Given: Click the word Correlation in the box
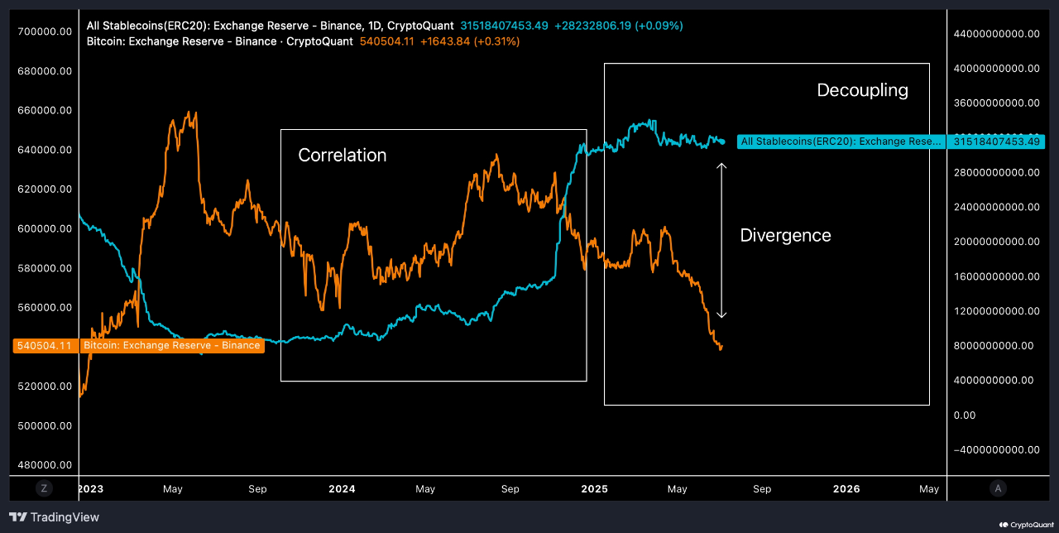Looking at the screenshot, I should point(342,156).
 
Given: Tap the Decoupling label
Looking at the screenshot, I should point(862,90).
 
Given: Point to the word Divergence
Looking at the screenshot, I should point(785,236).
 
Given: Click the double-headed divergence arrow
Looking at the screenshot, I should point(721,240).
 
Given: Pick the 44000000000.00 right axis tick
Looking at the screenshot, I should point(996,34).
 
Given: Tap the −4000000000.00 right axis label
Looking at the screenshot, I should point(996,449).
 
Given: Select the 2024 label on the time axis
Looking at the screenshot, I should point(342,489).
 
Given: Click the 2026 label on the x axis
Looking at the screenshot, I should point(846,489).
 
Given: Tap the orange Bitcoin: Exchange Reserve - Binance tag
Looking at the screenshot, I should point(171,345).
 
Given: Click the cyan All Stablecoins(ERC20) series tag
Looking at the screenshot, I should point(840,142).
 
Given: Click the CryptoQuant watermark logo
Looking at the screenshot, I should point(1026,524).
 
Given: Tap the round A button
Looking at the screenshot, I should point(998,488).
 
